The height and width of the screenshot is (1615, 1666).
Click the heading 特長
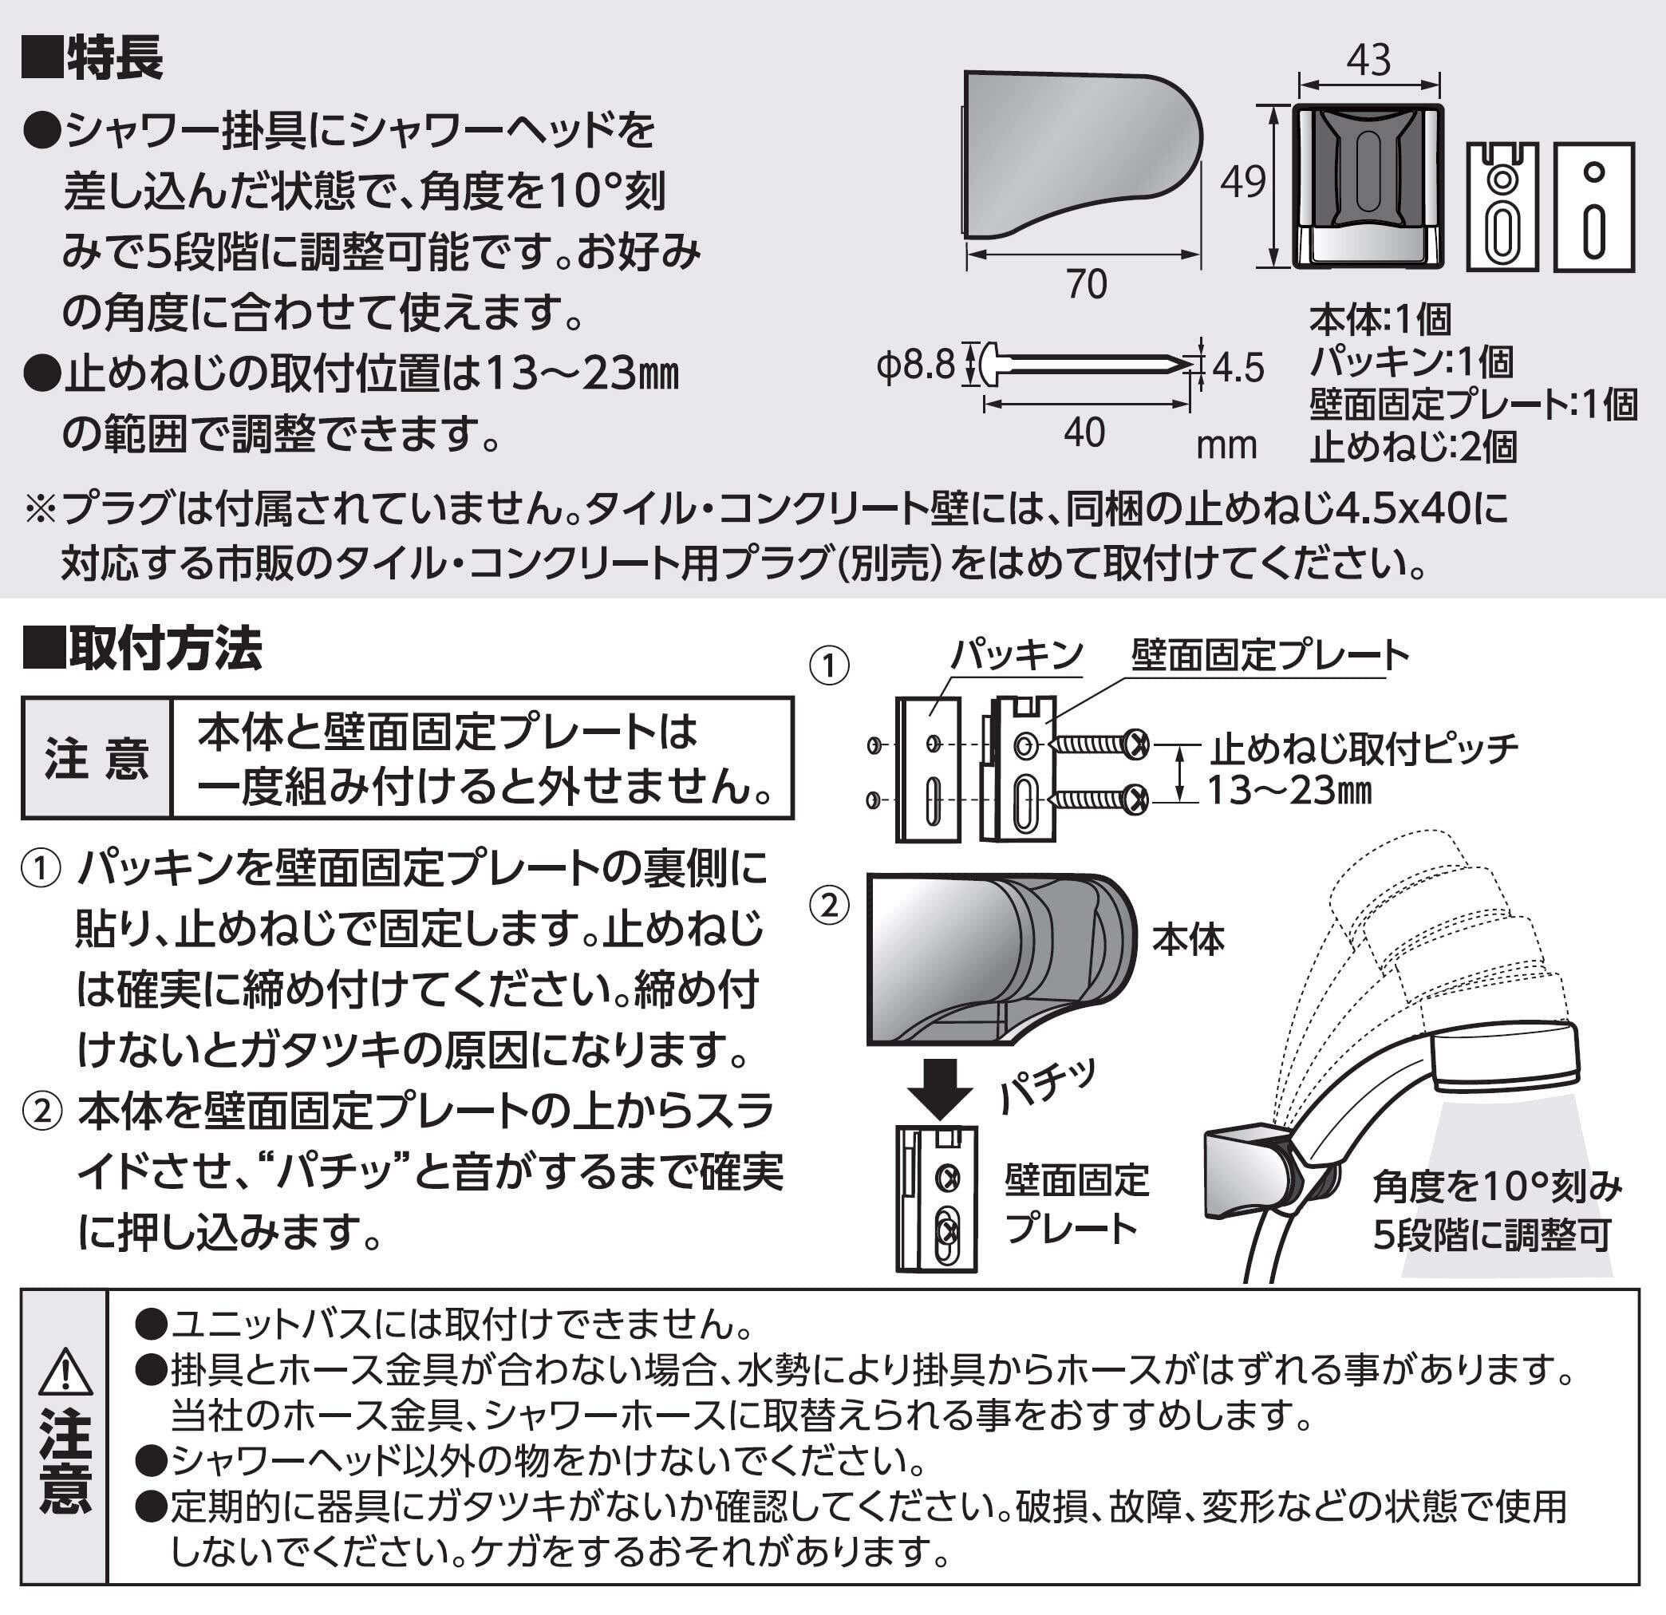[x=114, y=60]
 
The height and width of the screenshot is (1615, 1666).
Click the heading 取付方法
[x=165, y=650]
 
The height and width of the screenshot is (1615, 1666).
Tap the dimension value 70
[x=1086, y=285]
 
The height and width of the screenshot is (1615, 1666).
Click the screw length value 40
[x=1084, y=433]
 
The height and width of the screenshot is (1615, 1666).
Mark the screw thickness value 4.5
[x=1238, y=368]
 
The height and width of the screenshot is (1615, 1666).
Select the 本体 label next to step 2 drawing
[x=1188, y=940]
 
